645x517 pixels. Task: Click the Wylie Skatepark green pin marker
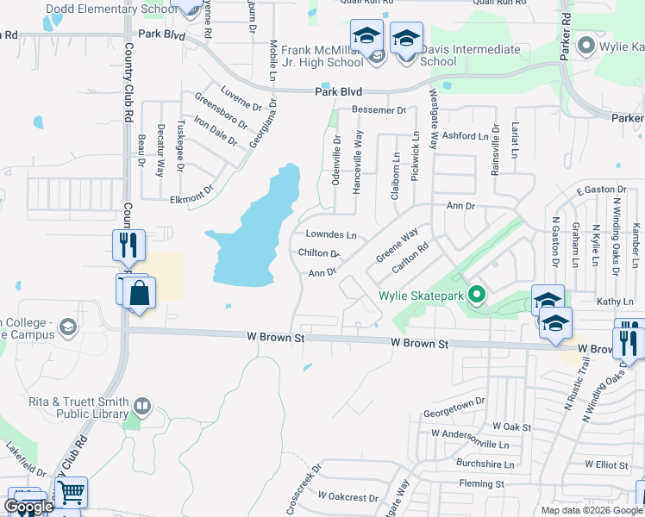click(x=474, y=296)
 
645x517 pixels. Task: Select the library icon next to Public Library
click(x=142, y=404)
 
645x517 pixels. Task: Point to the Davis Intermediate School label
click(x=471, y=56)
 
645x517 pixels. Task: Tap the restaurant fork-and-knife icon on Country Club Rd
click(x=128, y=246)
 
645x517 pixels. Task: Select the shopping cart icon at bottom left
click(x=72, y=493)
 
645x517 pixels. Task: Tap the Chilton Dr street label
click(x=318, y=253)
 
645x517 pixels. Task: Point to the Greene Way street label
click(x=398, y=246)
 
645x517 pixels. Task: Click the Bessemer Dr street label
click(x=378, y=110)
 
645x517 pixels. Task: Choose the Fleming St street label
click(x=475, y=484)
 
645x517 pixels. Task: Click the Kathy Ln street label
click(x=615, y=302)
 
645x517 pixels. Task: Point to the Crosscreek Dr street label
click(x=304, y=485)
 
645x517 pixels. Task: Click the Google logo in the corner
click(x=28, y=507)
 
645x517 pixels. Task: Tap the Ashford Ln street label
click(x=465, y=136)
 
